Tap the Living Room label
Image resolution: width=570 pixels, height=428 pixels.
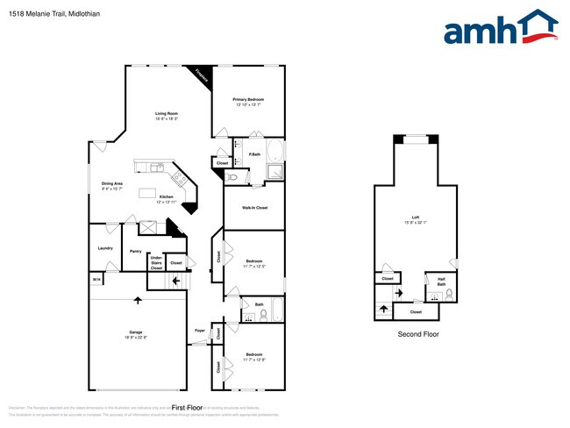coord(167,114)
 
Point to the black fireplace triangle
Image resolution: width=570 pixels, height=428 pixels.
coord(200,75)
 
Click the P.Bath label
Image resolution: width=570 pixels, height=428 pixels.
coord(253,154)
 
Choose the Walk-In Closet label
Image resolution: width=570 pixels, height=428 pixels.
coord(255,207)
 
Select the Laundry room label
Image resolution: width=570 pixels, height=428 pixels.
coord(103,247)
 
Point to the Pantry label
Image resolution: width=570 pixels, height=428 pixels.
coord(136,251)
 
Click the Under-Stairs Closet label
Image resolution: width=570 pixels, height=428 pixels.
coord(156,261)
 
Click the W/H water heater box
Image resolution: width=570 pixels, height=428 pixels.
coord(96,279)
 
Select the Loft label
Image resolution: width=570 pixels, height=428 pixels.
coord(415,218)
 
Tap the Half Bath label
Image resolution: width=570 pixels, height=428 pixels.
coord(441,282)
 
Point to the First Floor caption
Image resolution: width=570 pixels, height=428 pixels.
coord(187,408)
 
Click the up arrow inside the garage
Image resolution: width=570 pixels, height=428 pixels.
coord(137,300)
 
